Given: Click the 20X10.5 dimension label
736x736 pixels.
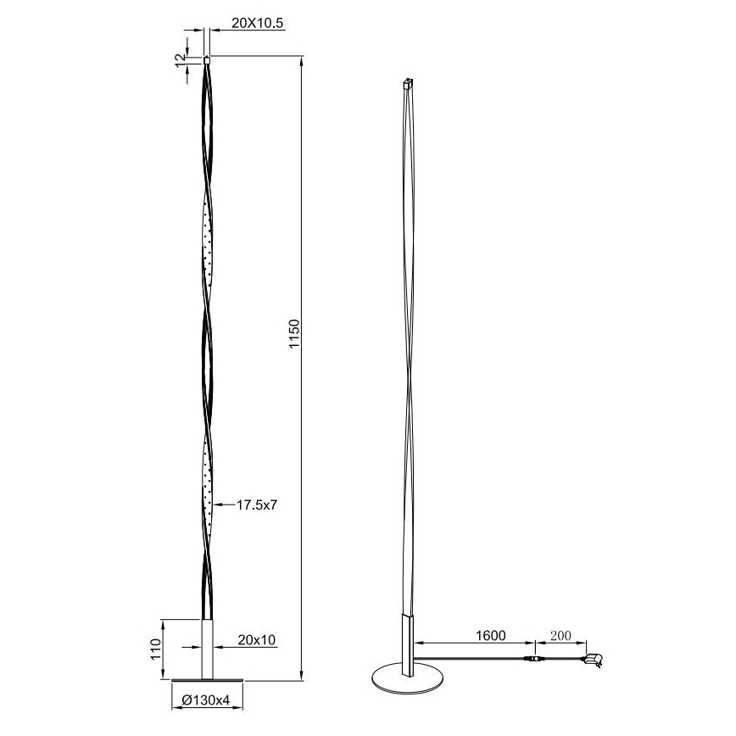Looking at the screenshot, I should [250, 25].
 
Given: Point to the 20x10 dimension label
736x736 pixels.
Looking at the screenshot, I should [257, 639].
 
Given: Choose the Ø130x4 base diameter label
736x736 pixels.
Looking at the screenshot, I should [206, 700].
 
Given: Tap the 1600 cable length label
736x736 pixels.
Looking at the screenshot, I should [490, 635].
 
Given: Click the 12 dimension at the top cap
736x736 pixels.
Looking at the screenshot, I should [179, 60].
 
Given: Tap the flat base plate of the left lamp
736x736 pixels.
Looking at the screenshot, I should [207, 680].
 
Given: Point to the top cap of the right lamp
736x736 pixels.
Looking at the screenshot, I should [407, 84].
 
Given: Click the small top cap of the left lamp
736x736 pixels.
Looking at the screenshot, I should [207, 60].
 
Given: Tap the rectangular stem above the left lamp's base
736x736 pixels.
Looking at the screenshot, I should [207, 649].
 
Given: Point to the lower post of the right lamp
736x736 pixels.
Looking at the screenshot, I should [408, 644].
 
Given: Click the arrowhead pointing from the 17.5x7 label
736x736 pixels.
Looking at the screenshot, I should [216, 505].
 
